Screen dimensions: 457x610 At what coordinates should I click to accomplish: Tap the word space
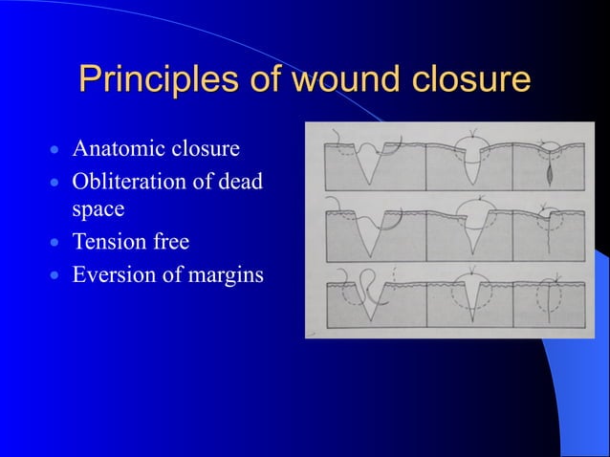(x=98, y=207)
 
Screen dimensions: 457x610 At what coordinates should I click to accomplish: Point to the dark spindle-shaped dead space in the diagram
(x=552, y=177)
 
